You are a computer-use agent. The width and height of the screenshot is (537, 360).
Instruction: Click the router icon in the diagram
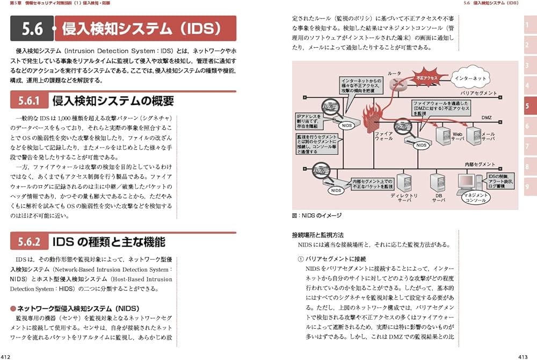(x=397, y=83)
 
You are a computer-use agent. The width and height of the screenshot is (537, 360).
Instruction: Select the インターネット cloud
(x=470, y=78)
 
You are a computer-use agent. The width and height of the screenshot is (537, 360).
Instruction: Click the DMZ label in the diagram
(x=485, y=117)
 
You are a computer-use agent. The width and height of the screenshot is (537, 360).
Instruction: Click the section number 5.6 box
(x=32, y=28)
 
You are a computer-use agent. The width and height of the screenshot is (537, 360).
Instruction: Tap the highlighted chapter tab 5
(x=527, y=106)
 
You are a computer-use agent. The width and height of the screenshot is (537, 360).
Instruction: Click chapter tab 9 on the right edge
(x=527, y=186)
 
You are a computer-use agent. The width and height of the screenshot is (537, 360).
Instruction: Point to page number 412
(x=7, y=356)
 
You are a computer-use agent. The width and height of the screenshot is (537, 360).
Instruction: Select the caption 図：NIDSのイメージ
(x=317, y=215)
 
